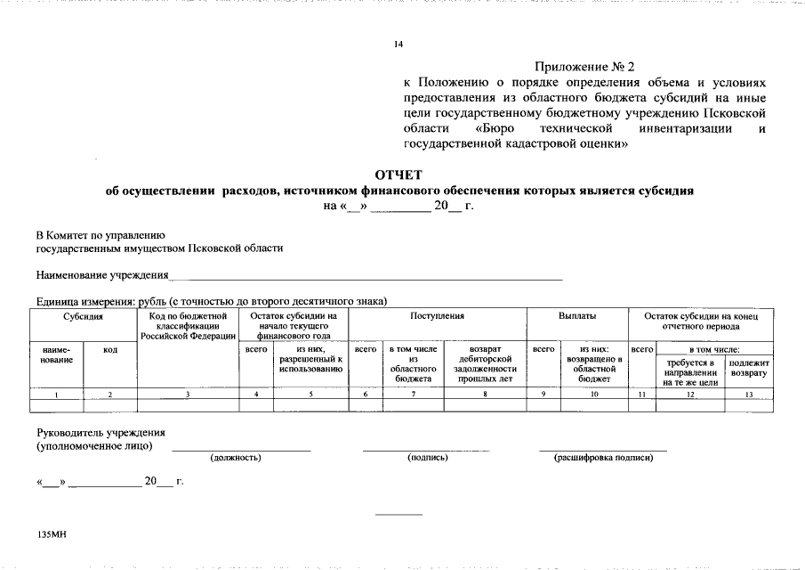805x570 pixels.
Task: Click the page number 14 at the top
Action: [x=399, y=45]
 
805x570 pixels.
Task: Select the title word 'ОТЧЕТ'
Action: [x=399, y=175]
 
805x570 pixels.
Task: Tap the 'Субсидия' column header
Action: [x=83, y=317]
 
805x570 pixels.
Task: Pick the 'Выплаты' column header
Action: [x=576, y=317]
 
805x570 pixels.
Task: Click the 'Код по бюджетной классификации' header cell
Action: [x=188, y=326]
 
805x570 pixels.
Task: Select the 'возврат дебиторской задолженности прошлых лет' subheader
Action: [x=487, y=364]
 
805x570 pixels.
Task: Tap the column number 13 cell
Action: [x=749, y=394]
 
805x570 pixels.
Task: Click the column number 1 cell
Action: [x=57, y=394]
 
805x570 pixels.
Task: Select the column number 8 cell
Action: [x=487, y=394]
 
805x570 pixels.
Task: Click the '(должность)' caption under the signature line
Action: [x=236, y=458]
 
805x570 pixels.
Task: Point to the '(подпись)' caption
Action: [x=427, y=458]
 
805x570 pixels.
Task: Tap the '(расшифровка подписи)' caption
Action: [x=603, y=458]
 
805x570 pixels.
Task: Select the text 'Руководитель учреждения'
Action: [x=101, y=433]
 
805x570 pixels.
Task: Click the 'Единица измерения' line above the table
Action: [x=211, y=301]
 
